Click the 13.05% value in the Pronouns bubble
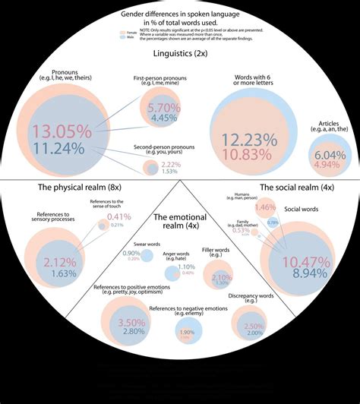click(x=71, y=130)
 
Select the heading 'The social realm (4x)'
click(x=297, y=187)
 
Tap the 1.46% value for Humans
click(x=265, y=207)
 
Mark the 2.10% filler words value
click(x=223, y=278)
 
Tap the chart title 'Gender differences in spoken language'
click(x=179, y=15)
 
